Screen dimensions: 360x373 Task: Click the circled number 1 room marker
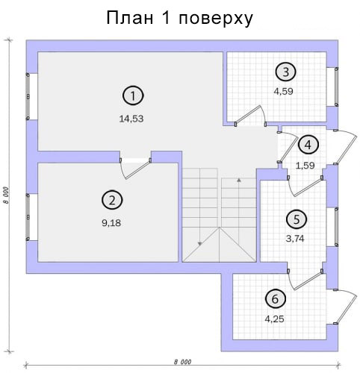point(133,95)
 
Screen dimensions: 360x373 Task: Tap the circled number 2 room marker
point(112,200)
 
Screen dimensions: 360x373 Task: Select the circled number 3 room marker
point(285,72)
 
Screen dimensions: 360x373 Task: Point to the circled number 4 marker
point(308,145)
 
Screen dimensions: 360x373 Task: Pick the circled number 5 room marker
point(297,219)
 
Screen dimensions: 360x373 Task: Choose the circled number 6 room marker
point(275,298)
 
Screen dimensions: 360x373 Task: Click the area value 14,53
point(131,119)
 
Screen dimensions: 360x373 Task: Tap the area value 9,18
point(111,223)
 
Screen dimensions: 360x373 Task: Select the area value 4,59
point(283,92)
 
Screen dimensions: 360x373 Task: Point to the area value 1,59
point(305,166)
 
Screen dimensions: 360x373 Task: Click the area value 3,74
point(295,239)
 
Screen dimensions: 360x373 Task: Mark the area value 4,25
point(274,319)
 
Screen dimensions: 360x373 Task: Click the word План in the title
point(130,18)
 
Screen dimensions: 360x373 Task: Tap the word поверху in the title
point(216,19)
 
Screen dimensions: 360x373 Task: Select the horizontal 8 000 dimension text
point(182,362)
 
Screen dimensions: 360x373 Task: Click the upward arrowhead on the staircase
point(239,180)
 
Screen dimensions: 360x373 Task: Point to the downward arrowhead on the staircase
point(199,244)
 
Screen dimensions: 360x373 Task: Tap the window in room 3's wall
point(336,87)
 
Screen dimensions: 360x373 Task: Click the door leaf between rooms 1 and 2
point(137,169)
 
